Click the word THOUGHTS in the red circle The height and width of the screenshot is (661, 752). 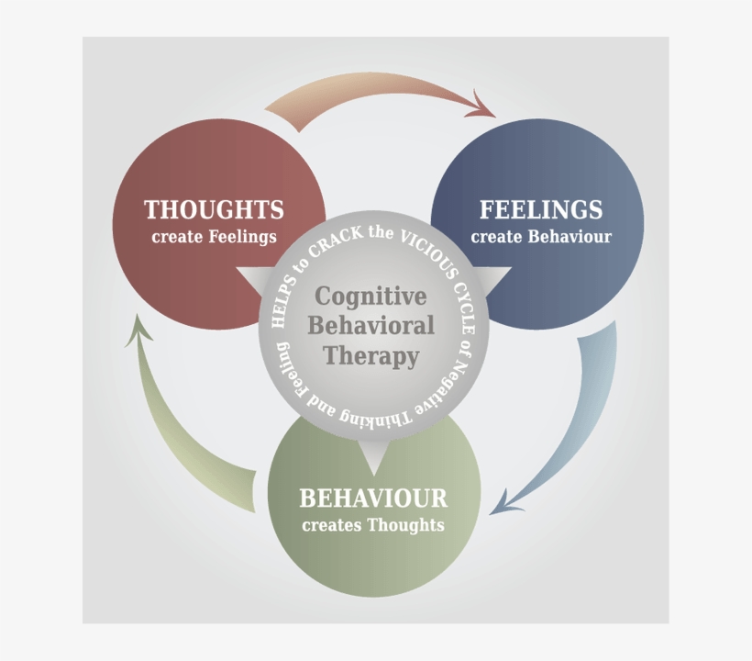pyautogui.click(x=214, y=209)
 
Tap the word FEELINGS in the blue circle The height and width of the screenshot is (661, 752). pyautogui.click(x=541, y=209)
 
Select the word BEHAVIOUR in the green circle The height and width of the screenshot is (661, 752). pyautogui.click(x=373, y=499)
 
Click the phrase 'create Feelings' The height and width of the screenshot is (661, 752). pyautogui.click(x=214, y=237)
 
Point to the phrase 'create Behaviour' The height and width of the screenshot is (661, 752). pyautogui.click(x=541, y=237)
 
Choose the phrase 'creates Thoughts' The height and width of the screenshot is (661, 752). pyautogui.click(x=373, y=526)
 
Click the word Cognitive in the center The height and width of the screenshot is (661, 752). pyautogui.click(x=370, y=297)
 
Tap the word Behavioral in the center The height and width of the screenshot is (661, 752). pyautogui.click(x=370, y=326)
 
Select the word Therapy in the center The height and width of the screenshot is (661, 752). pyautogui.click(x=370, y=356)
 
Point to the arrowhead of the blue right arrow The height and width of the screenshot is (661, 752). pyautogui.click(x=504, y=504)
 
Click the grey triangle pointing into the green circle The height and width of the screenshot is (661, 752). pyautogui.click(x=373, y=453)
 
